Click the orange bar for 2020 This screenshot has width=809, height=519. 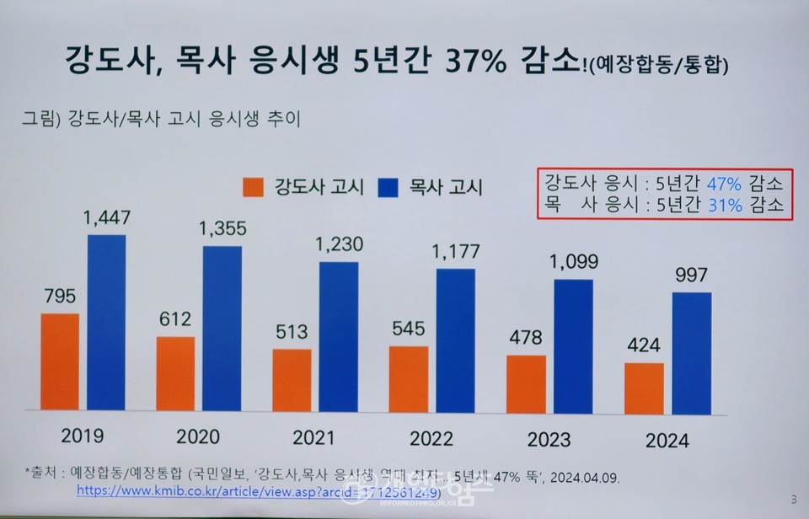click(x=175, y=373)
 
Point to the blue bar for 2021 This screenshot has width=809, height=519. click(x=338, y=336)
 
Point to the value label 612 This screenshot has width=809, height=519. click(x=175, y=319)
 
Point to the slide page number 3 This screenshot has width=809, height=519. click(x=793, y=499)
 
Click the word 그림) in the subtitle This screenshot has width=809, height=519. click(x=41, y=117)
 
